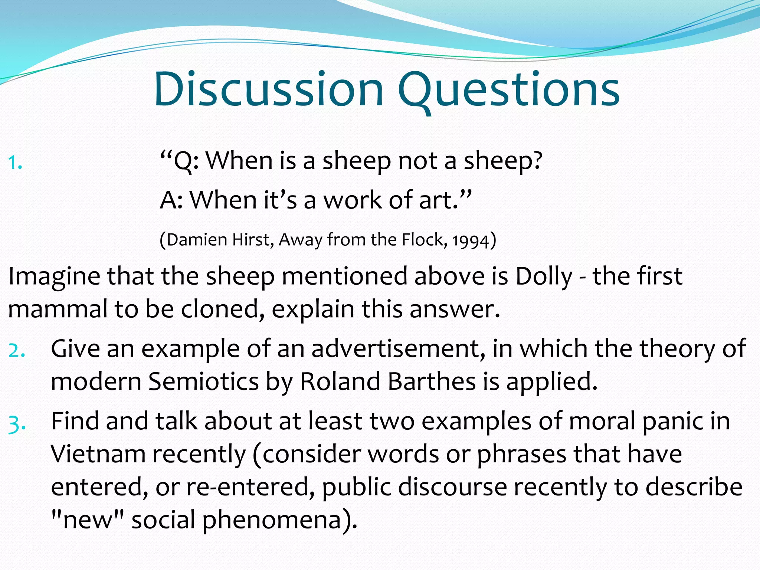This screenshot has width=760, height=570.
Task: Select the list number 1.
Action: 15,163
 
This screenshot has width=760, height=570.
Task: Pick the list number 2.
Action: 17,350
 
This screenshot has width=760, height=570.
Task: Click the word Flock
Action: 423,240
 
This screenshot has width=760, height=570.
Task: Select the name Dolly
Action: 544,276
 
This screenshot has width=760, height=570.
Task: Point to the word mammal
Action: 58,309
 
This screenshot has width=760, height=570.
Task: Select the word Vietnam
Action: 98,454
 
